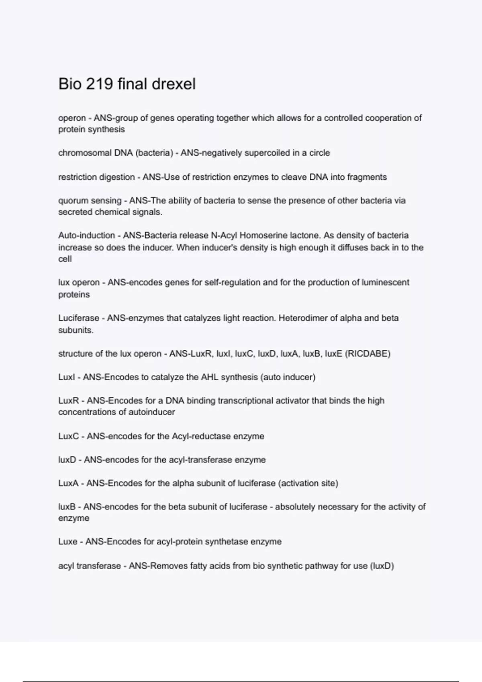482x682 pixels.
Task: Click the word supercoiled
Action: (x=264, y=153)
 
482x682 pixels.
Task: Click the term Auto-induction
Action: (x=86, y=235)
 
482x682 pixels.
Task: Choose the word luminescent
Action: (x=385, y=282)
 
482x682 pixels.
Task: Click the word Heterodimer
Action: (x=308, y=318)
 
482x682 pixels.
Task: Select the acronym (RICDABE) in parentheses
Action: (x=368, y=354)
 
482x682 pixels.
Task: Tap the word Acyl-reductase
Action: (x=199, y=436)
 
